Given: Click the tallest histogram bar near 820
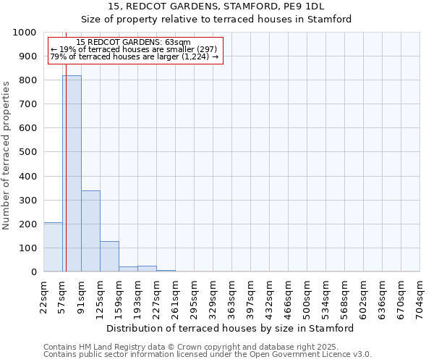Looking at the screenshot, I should tap(72, 174).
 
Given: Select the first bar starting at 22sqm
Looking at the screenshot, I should tap(53, 247).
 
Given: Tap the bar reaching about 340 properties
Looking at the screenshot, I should tap(90, 231).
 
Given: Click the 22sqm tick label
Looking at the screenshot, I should tap(44, 298).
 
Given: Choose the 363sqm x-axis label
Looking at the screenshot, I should tap(232, 298).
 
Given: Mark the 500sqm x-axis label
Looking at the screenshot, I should tap(307, 298).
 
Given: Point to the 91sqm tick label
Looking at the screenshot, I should tap(82, 298).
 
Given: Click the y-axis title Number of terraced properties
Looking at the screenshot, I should tap(7, 155).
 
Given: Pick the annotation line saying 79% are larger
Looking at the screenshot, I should tap(135, 56).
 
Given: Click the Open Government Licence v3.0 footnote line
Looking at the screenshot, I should tap(207, 354).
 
